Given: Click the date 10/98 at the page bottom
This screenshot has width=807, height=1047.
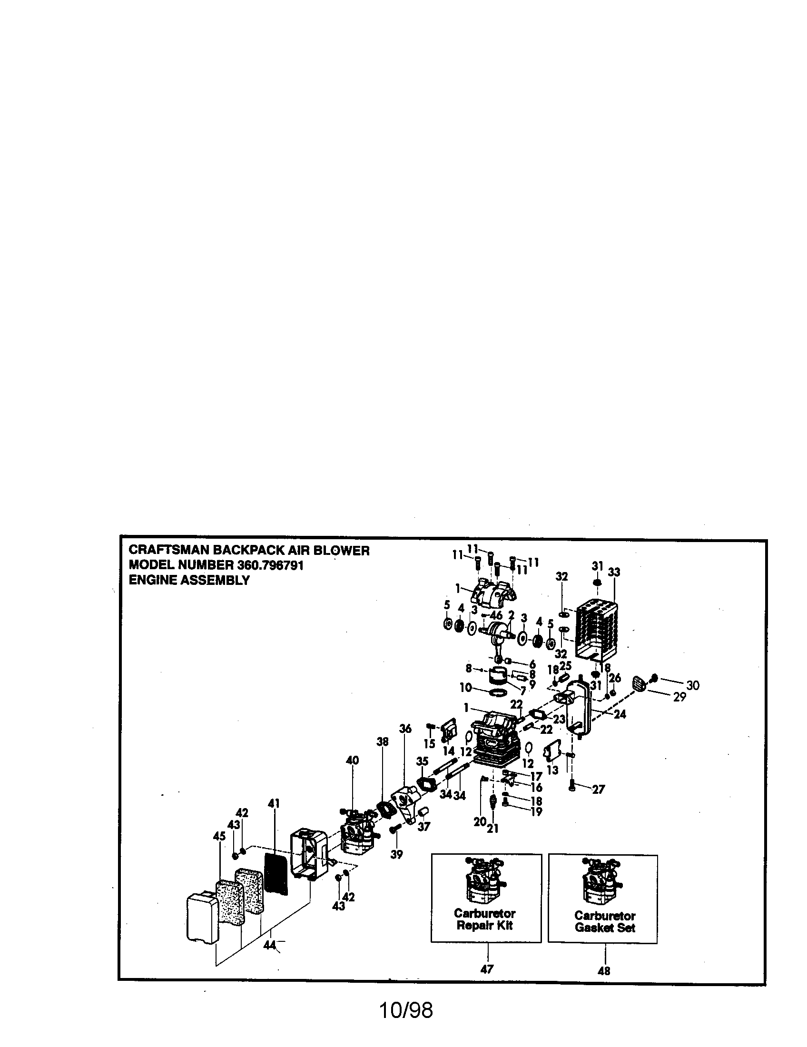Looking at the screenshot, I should click(406, 1010).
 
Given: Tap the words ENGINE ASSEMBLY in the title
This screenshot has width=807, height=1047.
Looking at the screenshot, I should click(189, 580).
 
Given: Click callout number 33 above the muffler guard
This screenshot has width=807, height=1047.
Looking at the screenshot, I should click(614, 572).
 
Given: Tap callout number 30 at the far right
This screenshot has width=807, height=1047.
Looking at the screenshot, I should click(692, 685).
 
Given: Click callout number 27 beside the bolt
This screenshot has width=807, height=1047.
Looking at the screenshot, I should click(599, 790).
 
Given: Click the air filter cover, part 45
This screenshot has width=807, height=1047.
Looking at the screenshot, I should click(202, 918).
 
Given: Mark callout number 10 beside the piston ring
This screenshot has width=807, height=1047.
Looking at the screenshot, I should click(466, 688).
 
